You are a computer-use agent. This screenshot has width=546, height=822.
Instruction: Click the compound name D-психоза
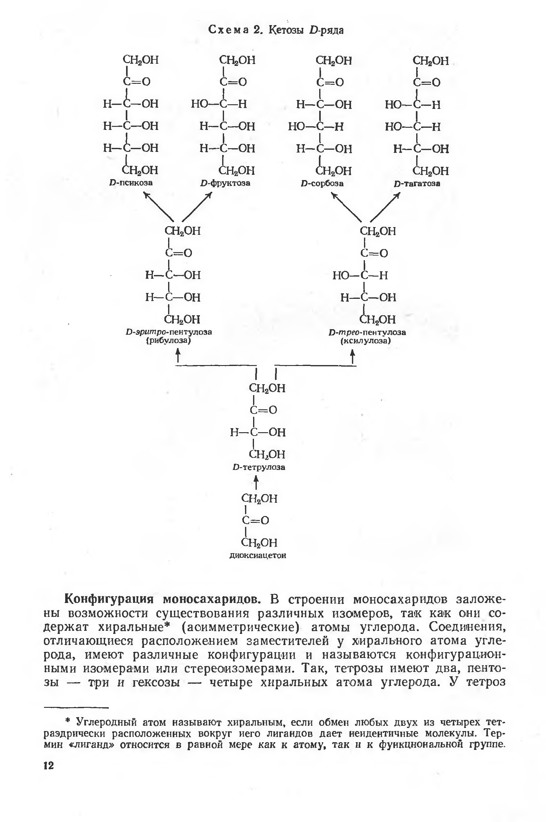(131, 183)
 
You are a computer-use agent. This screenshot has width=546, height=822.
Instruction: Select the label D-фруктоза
(225, 183)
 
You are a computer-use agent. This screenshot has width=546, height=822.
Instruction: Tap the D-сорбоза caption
(322, 183)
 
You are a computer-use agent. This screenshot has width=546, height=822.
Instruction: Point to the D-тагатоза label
(417, 183)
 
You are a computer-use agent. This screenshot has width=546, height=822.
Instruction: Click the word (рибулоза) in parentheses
(168, 340)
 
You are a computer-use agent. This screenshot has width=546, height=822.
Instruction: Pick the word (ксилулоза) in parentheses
(366, 341)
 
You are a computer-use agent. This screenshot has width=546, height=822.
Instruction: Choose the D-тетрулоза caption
(259, 467)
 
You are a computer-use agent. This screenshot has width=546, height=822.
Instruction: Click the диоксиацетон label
(258, 556)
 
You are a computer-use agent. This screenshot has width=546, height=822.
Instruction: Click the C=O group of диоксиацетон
(255, 521)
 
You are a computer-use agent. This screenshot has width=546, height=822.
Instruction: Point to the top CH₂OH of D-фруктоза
(237, 60)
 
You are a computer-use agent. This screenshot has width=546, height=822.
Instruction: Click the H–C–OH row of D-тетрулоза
(257, 432)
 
